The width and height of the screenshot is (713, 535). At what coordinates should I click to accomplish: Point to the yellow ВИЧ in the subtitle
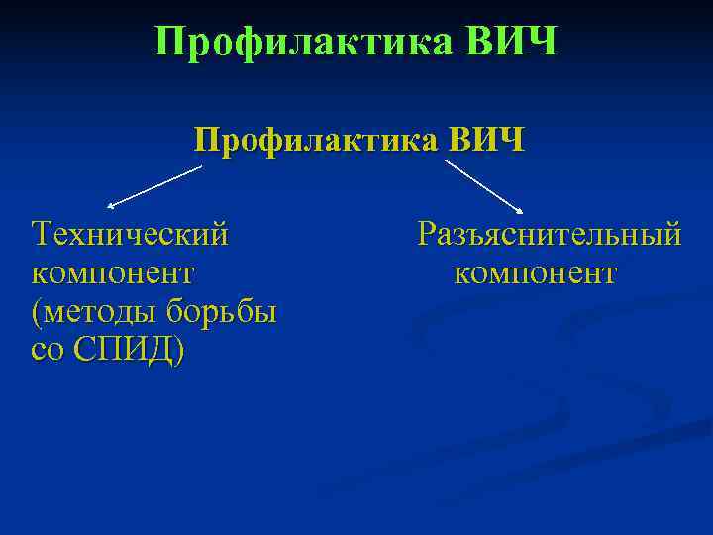485,141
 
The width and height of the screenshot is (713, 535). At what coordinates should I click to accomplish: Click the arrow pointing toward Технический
154,186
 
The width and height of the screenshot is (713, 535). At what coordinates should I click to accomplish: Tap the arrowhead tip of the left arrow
109,207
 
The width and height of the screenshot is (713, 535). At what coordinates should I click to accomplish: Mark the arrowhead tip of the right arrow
522,211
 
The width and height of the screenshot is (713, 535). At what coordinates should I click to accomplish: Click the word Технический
130,235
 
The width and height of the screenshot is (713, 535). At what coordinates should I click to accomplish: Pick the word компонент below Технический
112,272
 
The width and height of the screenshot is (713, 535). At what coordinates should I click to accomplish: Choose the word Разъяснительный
549,235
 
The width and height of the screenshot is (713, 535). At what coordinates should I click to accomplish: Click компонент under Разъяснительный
535,272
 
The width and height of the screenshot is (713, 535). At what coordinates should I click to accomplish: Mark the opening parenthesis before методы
36,313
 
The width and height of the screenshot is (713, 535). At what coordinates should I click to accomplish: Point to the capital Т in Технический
43,235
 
